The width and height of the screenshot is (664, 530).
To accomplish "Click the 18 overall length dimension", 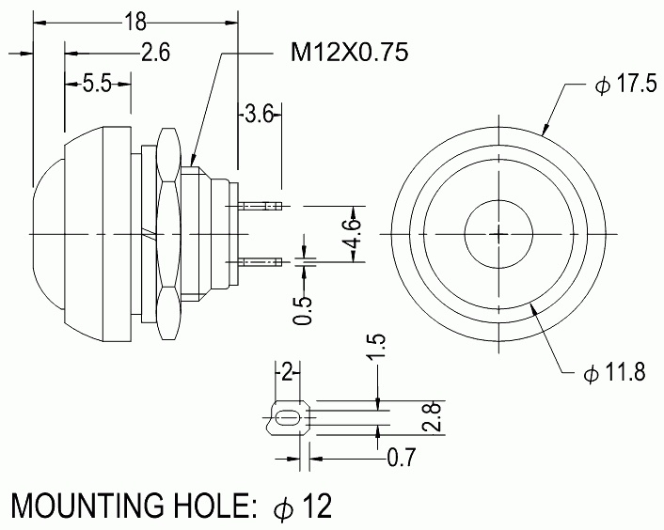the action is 135,22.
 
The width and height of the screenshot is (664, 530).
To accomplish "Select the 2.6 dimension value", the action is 155,53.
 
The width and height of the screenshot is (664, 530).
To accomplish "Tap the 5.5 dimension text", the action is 97,84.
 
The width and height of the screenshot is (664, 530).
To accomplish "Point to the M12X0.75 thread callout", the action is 349,53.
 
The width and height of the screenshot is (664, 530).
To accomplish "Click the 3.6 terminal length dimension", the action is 260,115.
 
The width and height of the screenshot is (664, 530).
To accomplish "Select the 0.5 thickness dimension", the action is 303,311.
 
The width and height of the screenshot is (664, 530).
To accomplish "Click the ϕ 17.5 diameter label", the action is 625,85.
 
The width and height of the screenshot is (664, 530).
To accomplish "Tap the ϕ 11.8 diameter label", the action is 614,373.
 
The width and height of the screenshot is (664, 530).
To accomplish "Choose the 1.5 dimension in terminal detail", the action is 376,348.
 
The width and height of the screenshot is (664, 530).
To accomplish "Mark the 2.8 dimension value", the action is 434,417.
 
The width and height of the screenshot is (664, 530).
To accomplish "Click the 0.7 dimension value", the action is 402,458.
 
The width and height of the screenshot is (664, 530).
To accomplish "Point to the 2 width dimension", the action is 288,374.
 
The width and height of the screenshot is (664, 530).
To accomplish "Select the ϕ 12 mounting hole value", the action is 302,506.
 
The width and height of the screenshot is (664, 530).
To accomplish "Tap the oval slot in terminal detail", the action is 288,419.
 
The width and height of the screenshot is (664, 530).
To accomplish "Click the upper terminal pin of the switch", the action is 260,207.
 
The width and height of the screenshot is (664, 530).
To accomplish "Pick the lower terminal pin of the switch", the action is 260,263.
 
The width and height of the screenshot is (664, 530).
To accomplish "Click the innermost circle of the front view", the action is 498,200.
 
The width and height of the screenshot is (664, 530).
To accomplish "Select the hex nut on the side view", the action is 169,234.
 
